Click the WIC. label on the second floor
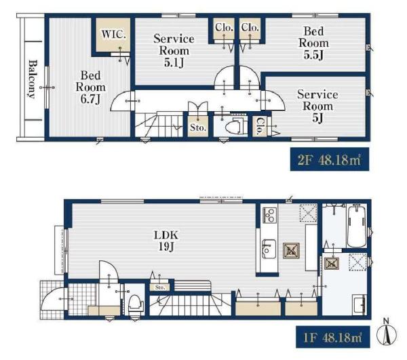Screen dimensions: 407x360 [x=114, y=35]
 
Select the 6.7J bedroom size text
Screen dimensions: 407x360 [x=90, y=99]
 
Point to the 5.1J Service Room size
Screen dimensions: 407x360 [x=174, y=62]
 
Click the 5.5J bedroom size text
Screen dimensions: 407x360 [x=313, y=55]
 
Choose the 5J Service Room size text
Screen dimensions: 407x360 [x=317, y=118]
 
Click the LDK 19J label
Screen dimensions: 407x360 [x=166, y=241]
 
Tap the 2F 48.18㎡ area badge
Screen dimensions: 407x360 [x=330, y=159]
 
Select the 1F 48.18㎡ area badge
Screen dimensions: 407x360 [x=333, y=337]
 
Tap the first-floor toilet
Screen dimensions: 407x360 [x=136, y=304]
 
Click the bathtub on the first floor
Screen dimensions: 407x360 [x=357, y=226]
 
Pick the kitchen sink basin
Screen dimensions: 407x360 [x=269, y=249]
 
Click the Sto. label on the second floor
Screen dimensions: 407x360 [x=198, y=127]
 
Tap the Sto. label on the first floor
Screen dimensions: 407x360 [x=160, y=287]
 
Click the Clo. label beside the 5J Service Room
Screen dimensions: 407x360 [x=260, y=126]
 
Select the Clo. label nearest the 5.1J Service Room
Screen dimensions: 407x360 [x=224, y=28]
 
